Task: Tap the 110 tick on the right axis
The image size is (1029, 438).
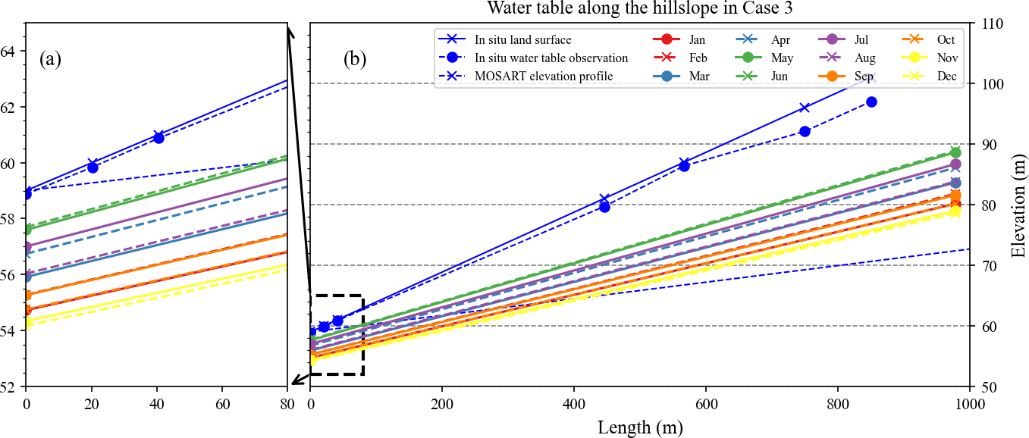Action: pos(988,23)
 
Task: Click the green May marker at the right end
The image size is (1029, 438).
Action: pos(955,152)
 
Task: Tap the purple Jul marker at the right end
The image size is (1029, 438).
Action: pos(955,164)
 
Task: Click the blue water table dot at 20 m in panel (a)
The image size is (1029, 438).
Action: pos(93,167)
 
